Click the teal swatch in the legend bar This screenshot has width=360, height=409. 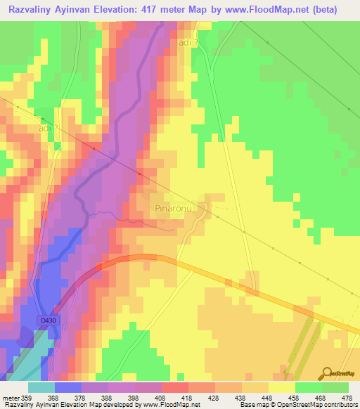pos(41,387)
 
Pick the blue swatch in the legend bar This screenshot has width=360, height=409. pos(67,387)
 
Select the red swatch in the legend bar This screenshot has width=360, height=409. pos(174,387)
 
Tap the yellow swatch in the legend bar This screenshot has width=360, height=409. pos(281,387)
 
